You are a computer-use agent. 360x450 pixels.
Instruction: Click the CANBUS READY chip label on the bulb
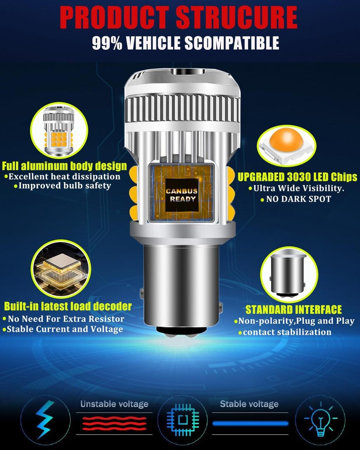181,195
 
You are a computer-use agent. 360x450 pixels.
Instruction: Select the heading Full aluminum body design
64,166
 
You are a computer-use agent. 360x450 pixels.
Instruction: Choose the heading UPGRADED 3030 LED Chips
297,176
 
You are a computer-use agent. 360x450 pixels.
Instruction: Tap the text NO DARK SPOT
298,199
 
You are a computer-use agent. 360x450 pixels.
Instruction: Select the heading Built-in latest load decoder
68,306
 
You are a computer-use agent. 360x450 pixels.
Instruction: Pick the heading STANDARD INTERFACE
293,309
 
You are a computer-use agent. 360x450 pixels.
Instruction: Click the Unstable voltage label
114,404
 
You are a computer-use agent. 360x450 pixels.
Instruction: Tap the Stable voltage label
249,404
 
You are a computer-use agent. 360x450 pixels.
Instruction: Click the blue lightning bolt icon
45,420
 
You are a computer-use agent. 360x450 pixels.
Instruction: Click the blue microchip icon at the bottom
182,420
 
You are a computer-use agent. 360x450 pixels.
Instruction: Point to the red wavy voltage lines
114,423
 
